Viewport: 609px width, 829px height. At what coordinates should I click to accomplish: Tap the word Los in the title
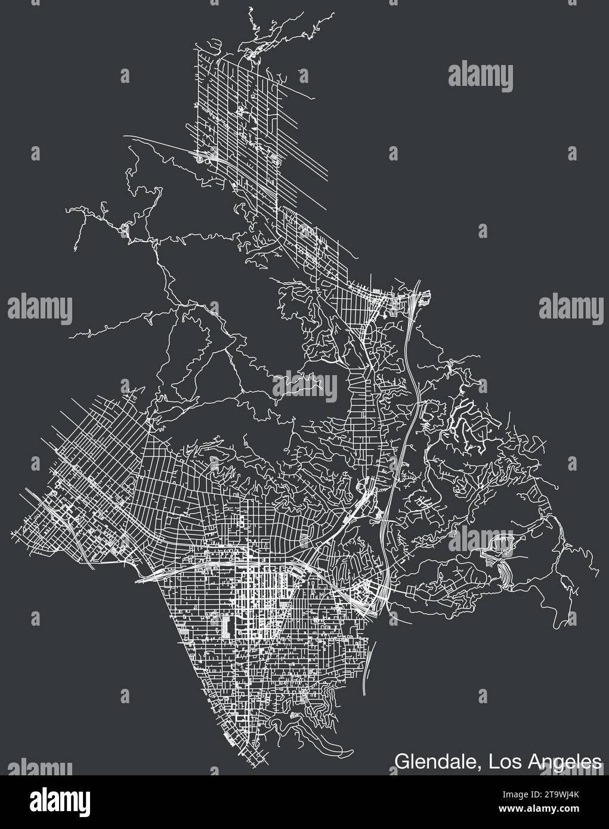pyautogui.click(x=506, y=760)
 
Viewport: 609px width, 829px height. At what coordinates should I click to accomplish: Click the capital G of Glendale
pyautogui.click(x=401, y=760)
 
